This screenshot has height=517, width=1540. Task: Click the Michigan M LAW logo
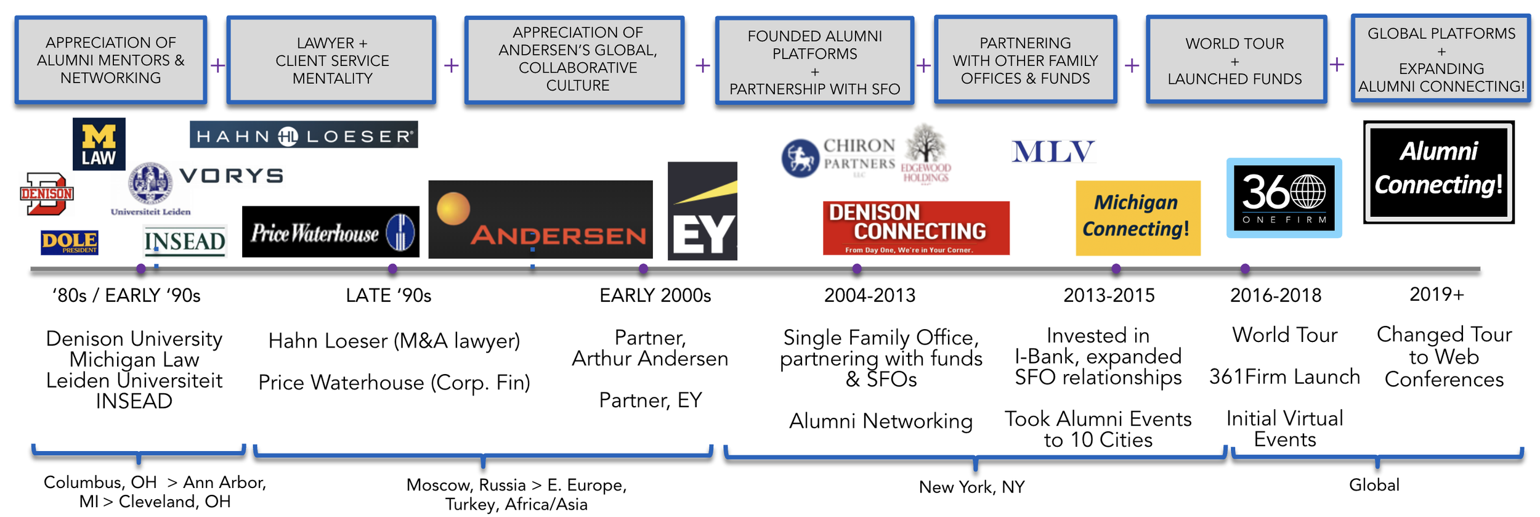(99, 144)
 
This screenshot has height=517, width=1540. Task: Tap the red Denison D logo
(47, 194)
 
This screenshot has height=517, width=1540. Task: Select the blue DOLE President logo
(70, 242)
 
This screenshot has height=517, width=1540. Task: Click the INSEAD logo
(185, 241)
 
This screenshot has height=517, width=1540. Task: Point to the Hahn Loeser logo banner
(304, 135)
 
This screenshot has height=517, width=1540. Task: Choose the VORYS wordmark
(232, 176)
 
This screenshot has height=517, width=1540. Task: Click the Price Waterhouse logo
(330, 232)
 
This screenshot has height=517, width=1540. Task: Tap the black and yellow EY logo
(702, 211)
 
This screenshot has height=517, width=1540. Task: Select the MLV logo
(1053, 152)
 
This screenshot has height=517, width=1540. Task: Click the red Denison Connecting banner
(916, 228)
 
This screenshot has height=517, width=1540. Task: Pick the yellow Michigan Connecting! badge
(1138, 218)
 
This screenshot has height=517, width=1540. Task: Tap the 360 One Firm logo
(1284, 198)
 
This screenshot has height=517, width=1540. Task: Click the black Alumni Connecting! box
(1438, 172)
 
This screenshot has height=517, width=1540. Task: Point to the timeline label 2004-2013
(870, 296)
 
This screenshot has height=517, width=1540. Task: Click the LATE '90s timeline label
(389, 296)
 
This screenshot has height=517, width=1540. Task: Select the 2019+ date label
(1436, 295)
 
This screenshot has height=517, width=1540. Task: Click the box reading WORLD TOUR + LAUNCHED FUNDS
(1235, 61)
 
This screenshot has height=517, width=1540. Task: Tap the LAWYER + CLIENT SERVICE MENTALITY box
(332, 60)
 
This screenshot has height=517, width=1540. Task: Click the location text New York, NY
(971, 487)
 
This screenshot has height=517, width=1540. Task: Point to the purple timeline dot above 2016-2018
(1245, 269)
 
